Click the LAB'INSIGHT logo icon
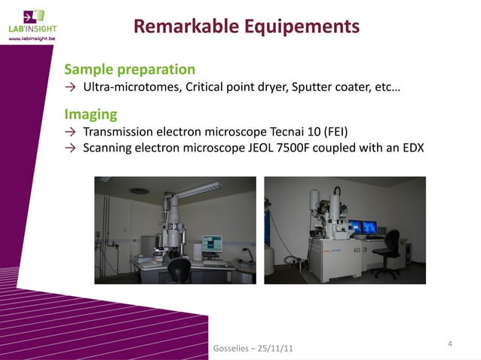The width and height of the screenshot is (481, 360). pos(33,16)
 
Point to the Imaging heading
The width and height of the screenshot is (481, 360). pos(90,114)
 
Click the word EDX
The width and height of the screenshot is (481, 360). pos(412,148)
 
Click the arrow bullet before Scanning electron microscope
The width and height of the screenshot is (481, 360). pos(70,148)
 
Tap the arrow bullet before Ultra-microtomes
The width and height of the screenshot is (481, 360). pos(70,88)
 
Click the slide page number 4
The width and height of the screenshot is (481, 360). pos(449,344)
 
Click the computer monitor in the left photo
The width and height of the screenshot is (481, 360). pos(212,243)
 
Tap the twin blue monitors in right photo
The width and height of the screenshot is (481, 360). pos(362,226)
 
